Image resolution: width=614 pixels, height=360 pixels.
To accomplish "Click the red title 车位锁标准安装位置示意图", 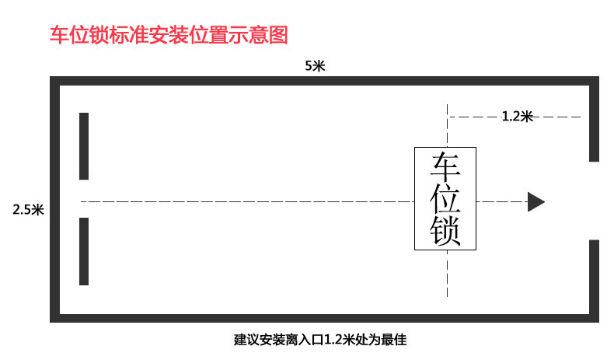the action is [169, 35].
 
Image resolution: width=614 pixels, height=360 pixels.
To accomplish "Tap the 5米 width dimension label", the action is [315, 66].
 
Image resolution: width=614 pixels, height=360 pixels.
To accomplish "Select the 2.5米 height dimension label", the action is [28, 209].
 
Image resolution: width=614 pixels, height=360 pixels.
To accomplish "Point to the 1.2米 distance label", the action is [517, 117].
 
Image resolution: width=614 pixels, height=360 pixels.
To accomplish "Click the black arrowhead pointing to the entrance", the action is [536, 201].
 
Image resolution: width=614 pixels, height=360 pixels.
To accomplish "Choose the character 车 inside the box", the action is [447, 167].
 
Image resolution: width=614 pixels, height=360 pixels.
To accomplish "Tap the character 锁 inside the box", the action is [447, 231].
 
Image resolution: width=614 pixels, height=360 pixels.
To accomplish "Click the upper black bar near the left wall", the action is [84, 146].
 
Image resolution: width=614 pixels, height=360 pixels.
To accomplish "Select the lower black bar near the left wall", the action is [84, 252].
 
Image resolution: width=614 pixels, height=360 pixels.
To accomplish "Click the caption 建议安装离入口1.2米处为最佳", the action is [320, 340].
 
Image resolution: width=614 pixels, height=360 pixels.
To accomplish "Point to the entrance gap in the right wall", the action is [595, 201].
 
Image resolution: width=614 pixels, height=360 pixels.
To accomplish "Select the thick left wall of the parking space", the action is [55, 200].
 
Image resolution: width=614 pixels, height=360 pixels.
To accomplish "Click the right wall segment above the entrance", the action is [595, 121].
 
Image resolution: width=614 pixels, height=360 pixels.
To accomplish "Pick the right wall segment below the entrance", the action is [595, 280].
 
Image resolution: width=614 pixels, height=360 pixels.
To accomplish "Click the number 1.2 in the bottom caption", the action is [333, 340].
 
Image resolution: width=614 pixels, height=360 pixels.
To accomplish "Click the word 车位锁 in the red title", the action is [68, 35].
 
